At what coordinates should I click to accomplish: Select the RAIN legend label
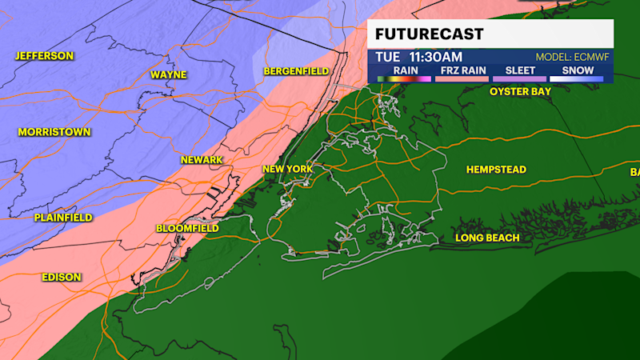coord(406,70)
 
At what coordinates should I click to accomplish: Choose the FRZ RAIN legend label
coord(462,70)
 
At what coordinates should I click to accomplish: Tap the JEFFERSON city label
coord(44,56)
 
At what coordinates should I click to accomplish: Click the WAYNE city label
coord(169,75)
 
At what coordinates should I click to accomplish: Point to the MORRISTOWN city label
coord(54,132)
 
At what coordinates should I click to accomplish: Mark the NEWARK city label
coord(202,160)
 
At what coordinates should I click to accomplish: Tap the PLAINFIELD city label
coord(63,218)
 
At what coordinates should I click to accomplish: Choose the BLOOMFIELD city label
coord(187,229)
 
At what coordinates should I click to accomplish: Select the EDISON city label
coord(62,277)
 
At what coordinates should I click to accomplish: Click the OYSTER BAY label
coord(522,92)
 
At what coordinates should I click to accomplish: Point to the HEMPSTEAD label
coord(498,170)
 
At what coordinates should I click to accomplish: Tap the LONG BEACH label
coord(487,238)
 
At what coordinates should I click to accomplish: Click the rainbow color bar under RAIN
coord(406,78)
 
